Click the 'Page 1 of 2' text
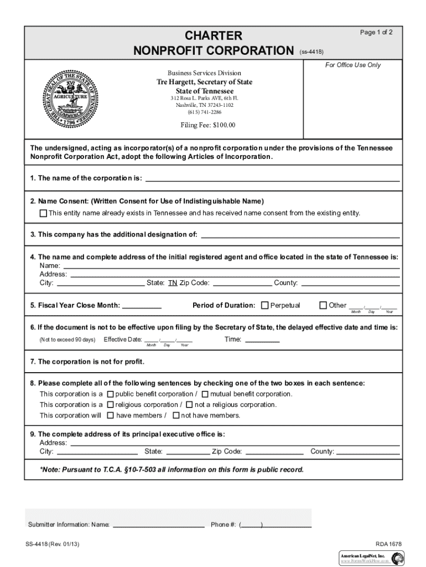pos(376,33)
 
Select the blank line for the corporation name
pos(272,178)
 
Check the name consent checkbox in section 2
pos(43,213)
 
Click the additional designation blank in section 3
pos(300,234)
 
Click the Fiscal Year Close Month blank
pos(141,305)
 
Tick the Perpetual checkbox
pos(265,305)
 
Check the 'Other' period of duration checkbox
pos(324,305)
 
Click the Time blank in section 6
pos(262,339)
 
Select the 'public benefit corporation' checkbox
pos(110,394)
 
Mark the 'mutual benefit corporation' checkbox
pos(205,394)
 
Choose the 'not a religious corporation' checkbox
pos(190,405)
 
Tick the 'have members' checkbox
pos(110,415)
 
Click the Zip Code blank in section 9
pos(274,451)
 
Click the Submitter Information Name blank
pos(158,524)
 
